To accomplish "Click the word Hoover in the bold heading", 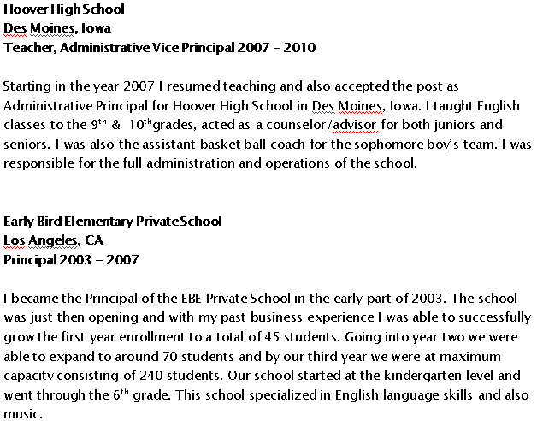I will (x=24, y=9).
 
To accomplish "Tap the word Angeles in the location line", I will (x=56, y=240).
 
